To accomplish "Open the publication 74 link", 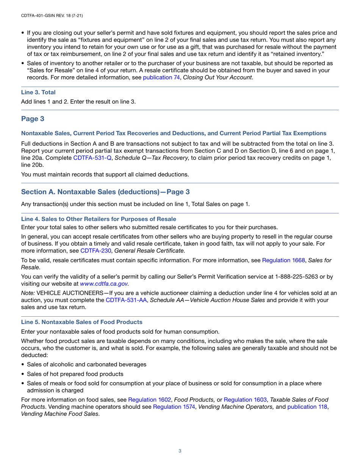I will [x=161, y=77].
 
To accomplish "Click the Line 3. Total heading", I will [x=38, y=92].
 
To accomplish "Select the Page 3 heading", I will [x=33, y=119].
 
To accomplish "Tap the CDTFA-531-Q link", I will [x=92, y=158].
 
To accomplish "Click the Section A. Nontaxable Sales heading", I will [x=105, y=192].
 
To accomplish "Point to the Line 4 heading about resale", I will [x=99, y=219].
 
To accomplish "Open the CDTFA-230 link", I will [x=95, y=250].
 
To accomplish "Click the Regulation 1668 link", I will [x=283, y=261].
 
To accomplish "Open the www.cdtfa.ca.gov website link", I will [x=104, y=283].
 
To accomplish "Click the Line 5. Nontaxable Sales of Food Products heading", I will [x=82, y=322].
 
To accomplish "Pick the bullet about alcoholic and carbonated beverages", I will [x=86, y=364].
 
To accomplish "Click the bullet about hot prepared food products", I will [x=75, y=374].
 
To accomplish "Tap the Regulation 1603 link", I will [x=246, y=399].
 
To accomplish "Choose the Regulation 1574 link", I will [x=174, y=407].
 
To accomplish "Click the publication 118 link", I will [x=307, y=407].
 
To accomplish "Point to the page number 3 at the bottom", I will [x=180, y=451].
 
